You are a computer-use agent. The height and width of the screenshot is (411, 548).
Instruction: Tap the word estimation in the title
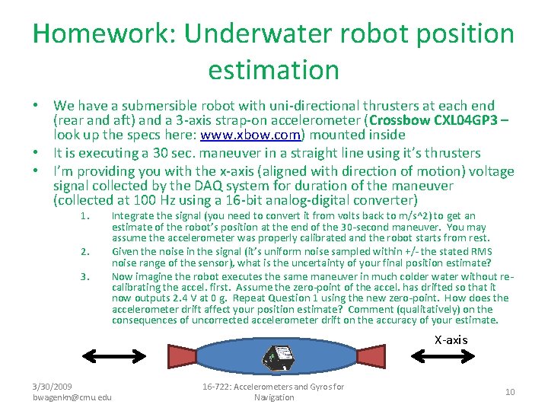(273, 70)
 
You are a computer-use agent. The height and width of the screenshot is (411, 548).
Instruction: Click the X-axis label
(451, 340)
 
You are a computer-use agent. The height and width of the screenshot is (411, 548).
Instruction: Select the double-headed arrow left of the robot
(113, 356)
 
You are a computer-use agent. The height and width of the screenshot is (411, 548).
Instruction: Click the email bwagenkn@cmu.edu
(72, 397)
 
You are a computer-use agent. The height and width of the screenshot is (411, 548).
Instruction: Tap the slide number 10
(510, 392)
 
